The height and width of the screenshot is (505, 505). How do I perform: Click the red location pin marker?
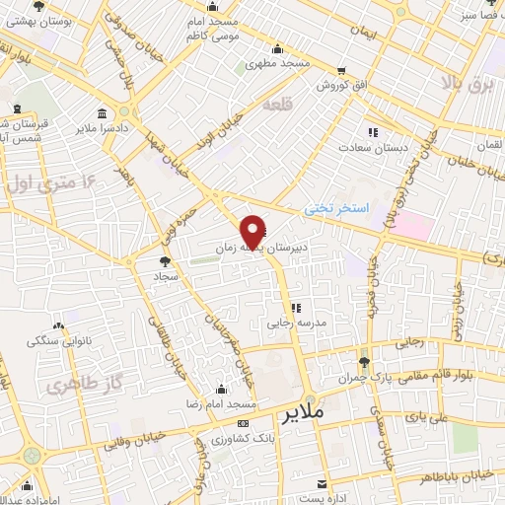coord(253,232)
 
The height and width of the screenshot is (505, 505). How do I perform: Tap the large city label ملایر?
coord(301,412)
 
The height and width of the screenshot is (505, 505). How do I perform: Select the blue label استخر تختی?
coord(335,209)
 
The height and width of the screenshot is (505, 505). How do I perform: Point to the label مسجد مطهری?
coord(278,62)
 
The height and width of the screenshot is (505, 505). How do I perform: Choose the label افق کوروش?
coord(341,86)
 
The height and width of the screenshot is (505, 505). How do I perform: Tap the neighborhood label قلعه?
coord(278,105)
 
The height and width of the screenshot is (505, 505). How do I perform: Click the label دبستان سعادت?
coord(374,146)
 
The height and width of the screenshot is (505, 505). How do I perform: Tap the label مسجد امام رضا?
coord(223,405)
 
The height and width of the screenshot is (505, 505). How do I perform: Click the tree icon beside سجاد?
coord(164,261)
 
